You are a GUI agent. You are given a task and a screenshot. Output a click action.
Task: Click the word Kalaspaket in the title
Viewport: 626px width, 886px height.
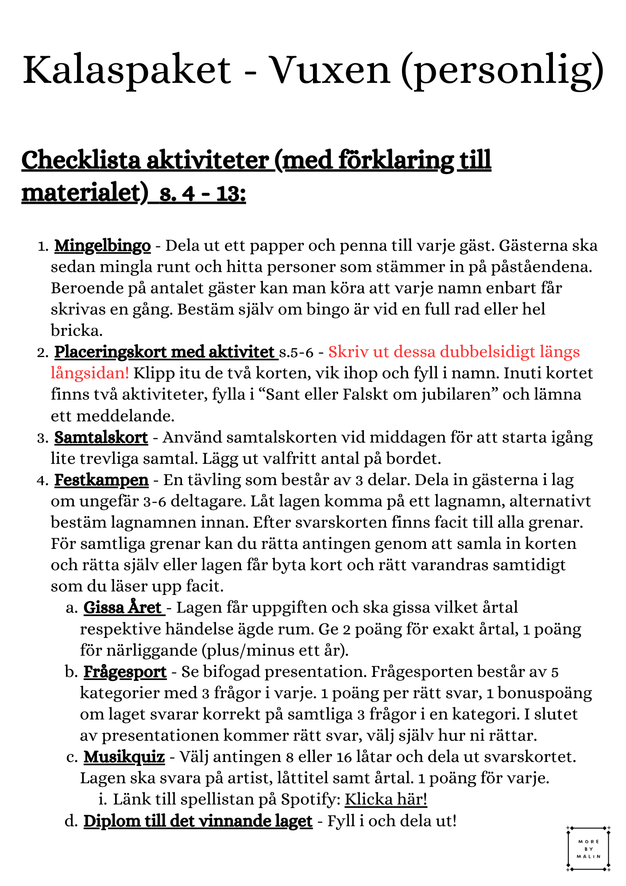[127, 70]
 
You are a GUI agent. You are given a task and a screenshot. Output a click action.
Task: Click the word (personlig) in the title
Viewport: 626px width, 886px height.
[502, 70]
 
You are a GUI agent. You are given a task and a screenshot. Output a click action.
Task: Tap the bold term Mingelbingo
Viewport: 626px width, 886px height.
[102, 245]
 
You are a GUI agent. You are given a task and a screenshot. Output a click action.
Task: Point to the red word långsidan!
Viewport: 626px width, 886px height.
[90, 373]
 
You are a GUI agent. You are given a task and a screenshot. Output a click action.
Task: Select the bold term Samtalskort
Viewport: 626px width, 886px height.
[101, 437]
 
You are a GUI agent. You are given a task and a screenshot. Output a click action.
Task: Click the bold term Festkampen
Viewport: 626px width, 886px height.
[101, 480]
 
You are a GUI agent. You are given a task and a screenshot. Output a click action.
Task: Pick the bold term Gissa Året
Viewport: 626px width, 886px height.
[124, 607]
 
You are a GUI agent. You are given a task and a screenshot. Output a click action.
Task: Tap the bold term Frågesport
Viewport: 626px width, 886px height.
[125, 672]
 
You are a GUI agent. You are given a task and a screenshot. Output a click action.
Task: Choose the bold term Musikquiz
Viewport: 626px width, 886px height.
[124, 757]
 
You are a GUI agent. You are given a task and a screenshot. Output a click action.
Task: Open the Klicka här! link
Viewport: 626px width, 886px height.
[386, 799]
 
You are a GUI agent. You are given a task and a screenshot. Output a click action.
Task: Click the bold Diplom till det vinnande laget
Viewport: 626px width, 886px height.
[198, 821]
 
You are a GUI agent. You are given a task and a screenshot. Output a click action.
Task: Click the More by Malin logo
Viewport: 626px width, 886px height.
[588, 849]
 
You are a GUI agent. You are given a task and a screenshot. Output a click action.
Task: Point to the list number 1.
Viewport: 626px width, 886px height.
[43, 246]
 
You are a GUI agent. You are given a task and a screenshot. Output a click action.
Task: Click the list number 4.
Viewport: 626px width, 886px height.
[43, 481]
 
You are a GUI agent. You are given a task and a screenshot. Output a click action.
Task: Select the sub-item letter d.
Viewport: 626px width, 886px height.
[71, 821]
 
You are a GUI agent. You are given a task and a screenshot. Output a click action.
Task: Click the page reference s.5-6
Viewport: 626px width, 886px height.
[296, 353]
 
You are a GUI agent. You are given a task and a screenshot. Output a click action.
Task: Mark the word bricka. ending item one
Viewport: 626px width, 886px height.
[77, 330]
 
